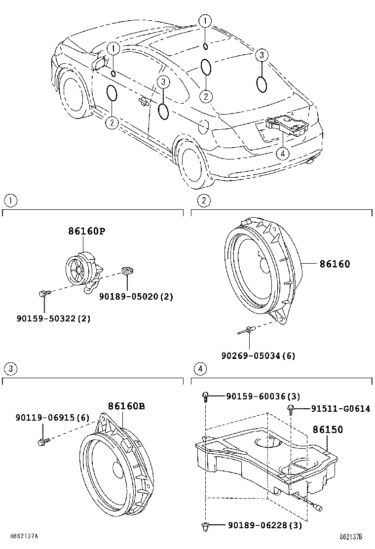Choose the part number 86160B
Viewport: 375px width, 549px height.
(126, 406)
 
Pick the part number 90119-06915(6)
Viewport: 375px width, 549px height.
(52, 418)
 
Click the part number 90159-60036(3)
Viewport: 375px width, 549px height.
(263, 396)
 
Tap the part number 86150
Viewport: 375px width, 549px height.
(327, 430)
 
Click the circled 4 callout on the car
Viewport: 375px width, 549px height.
(282, 154)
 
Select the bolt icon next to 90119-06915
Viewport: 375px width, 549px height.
(43, 441)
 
